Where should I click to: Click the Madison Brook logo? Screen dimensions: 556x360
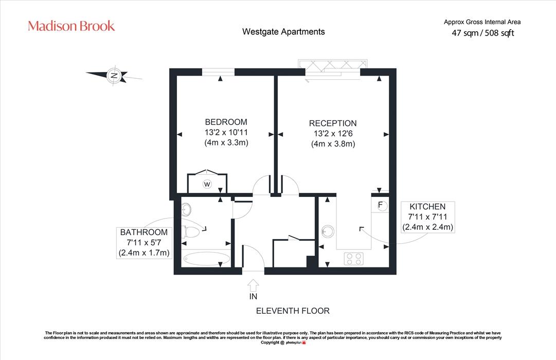click(71, 26)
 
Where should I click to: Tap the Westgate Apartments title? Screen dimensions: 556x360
click(283, 32)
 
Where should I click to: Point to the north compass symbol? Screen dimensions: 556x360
click(114, 75)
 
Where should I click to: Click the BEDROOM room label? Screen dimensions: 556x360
click(226, 122)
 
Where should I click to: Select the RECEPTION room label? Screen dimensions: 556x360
click(333, 123)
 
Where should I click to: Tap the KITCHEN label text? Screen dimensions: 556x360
click(427, 207)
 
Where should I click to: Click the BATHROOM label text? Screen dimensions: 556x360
click(144, 232)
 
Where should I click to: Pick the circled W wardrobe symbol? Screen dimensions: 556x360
click(207, 184)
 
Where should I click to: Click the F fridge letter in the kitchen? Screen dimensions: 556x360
click(380, 205)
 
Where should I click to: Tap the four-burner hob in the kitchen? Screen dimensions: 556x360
click(353, 259)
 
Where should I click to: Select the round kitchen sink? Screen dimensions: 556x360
click(328, 231)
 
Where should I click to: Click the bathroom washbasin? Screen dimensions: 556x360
click(186, 209)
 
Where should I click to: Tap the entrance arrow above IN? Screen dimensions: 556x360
click(253, 285)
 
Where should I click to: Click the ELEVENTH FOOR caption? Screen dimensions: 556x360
click(293, 311)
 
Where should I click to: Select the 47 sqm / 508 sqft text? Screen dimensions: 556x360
click(482, 33)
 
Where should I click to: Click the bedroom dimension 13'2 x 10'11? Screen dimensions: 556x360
click(226, 132)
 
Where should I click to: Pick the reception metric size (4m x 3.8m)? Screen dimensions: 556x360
click(333, 144)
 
